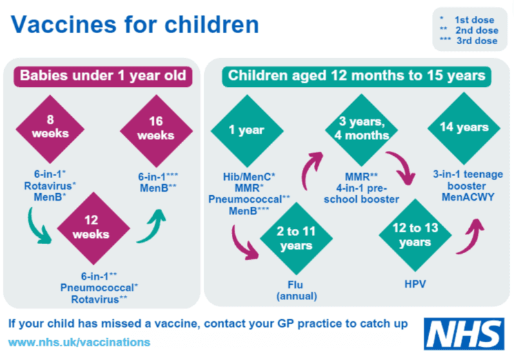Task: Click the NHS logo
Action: pos(464,334)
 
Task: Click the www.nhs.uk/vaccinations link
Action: pos(79,342)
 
